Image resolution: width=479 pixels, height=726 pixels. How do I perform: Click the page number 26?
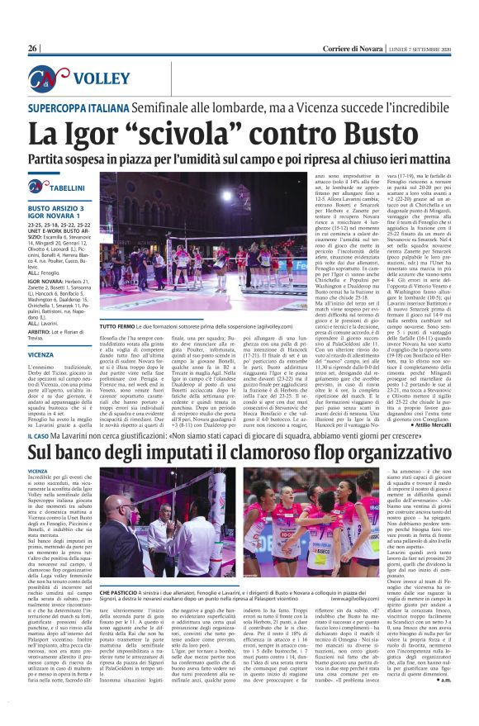33,49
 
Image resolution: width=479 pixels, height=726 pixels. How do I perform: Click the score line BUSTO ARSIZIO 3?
59,209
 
